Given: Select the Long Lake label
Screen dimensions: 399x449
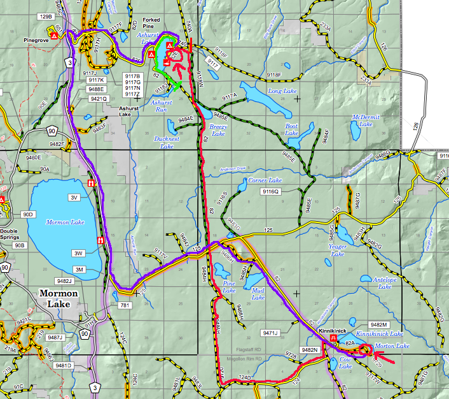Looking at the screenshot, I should click(282, 91).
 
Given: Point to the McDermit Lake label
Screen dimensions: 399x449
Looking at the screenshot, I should click(366, 121).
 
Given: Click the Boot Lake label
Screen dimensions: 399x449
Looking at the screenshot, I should click(291, 131).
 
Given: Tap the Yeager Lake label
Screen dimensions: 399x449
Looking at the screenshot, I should click(337, 250).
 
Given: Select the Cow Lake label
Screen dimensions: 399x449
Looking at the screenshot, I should click(346, 363).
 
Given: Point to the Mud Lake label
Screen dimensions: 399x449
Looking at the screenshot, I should click(258, 294).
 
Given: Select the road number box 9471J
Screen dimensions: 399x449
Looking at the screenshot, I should click(271, 332).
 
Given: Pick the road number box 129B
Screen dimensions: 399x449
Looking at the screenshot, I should click(45, 17).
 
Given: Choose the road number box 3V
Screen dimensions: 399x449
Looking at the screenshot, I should click(74, 198).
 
